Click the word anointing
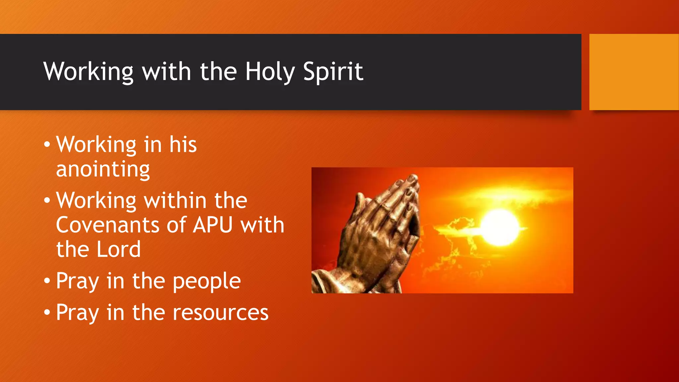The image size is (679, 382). (103, 169)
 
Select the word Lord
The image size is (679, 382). (119, 249)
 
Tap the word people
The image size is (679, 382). (207, 282)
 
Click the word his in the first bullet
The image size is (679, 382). (183, 145)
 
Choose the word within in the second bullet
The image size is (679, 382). (175, 201)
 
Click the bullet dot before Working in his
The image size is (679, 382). (47, 145)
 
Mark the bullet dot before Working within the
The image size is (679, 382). (47, 201)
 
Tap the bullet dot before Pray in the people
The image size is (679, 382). (47, 281)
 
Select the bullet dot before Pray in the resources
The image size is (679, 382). (47, 313)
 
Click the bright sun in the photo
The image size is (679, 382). (500, 227)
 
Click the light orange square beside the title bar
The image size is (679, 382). (634, 72)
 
